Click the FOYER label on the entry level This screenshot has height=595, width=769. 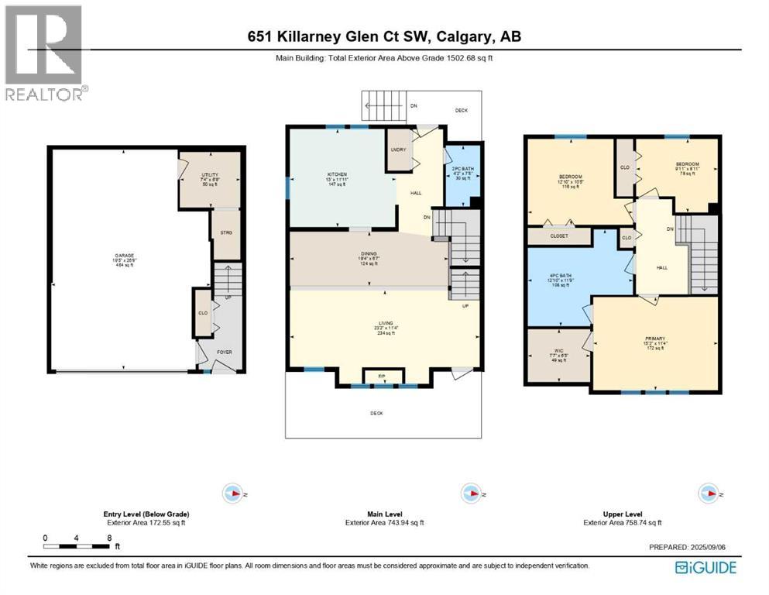[x=225, y=351]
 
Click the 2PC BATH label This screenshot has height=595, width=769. [x=462, y=172]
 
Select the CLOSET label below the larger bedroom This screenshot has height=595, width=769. [x=558, y=236]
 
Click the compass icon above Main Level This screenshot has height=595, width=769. [x=469, y=493]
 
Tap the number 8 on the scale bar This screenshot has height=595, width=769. [x=109, y=537]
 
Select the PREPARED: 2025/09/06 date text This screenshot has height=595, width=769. [x=692, y=546]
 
